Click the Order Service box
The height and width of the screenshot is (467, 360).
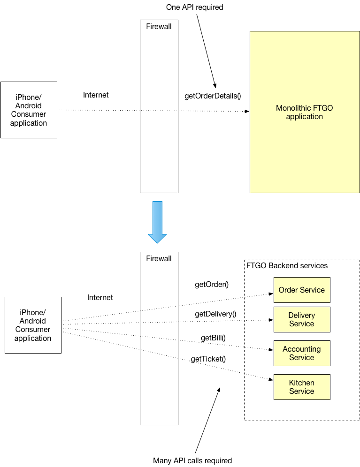coord(302,290)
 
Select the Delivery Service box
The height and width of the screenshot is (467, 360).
coord(302,320)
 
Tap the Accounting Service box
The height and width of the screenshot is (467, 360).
coord(302,353)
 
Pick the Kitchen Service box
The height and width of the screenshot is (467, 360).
coord(302,387)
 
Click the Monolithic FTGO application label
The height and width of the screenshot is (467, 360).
coord(304,112)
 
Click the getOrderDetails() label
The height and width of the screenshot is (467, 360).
coord(213,96)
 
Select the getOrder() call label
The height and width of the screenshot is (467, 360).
coord(211,284)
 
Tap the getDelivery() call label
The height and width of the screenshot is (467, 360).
coord(215,314)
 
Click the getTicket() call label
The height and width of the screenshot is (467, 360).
coord(208,359)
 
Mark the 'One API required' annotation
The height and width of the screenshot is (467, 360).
coord(194,8)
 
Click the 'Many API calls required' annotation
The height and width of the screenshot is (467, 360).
coord(192,460)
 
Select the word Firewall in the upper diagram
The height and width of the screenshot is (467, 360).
coord(159,26)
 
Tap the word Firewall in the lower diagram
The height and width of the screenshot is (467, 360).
coord(159,258)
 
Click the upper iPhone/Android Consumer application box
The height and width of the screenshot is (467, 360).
coord(29,110)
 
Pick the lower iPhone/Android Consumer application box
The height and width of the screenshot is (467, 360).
coord(33,325)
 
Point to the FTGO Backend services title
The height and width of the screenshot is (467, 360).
coord(287,265)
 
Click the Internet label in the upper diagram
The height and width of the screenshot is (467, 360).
coord(96,95)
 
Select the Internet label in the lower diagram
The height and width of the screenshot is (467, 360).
coord(100,297)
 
